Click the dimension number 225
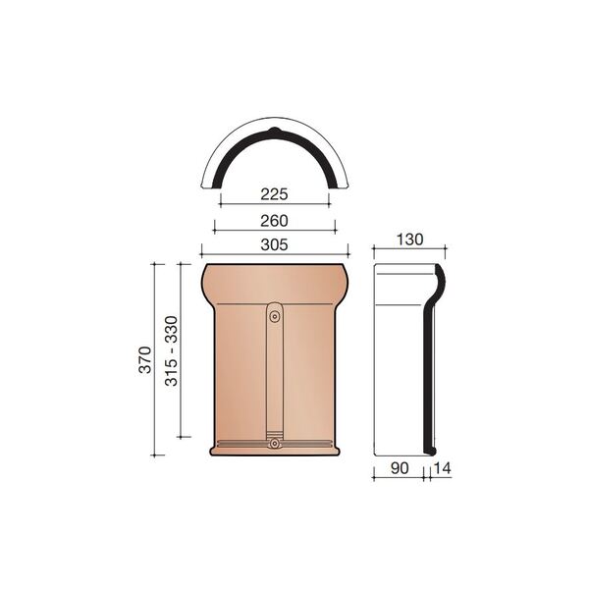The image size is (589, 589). click(x=274, y=194)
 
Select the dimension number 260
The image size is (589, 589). click(x=274, y=221)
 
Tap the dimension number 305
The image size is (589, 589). click(x=274, y=244)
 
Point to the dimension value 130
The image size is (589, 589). click(x=409, y=240)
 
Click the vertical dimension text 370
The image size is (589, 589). click(x=145, y=360)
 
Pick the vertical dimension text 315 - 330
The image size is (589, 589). click(x=171, y=350)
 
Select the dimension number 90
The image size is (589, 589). click(x=400, y=468)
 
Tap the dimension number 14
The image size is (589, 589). click(x=442, y=468)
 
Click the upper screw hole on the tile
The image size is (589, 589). click(x=275, y=317)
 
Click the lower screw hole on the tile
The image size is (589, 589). click(x=275, y=444)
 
